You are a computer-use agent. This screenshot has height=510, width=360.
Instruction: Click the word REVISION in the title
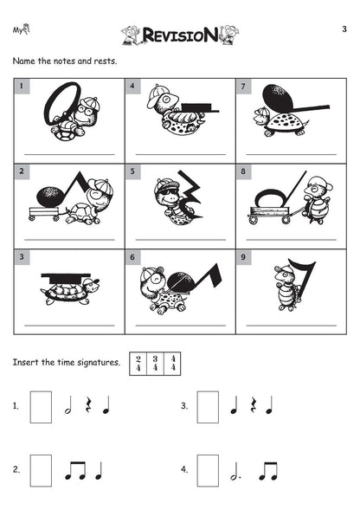point(180,35)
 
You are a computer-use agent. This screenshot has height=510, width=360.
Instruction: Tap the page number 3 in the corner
point(344,29)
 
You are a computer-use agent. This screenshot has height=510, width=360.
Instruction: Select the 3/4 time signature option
point(155,364)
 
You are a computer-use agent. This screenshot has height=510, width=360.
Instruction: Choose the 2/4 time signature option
point(138,364)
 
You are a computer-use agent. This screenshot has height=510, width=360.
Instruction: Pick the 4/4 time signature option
point(173,364)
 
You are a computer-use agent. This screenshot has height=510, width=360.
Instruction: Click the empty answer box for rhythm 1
point(41,407)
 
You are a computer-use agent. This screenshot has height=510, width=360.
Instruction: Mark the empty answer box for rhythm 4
point(208,470)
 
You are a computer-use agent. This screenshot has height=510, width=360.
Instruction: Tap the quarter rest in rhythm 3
point(253,405)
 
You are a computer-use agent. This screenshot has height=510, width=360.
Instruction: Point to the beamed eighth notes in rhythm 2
point(75,471)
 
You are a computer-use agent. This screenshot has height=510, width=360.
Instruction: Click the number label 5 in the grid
point(132,171)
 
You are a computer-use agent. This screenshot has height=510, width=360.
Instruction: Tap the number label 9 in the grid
point(243,257)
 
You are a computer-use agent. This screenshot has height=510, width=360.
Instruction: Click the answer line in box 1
point(69,154)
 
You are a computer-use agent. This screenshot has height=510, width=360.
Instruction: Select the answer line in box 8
point(292,240)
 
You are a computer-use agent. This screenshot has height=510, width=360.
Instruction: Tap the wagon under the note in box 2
point(44,213)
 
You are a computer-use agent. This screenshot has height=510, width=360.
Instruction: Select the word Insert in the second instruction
point(25,362)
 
